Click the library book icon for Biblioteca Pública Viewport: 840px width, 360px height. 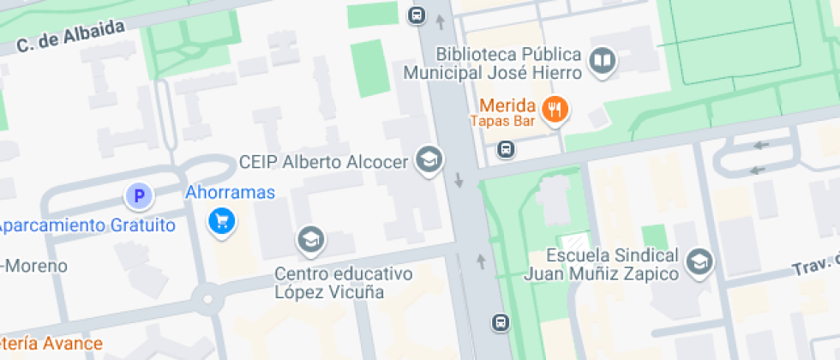coord(604,60)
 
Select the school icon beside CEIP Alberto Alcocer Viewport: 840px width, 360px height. coord(428,159)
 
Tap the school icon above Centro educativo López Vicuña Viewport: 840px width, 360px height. coord(310,240)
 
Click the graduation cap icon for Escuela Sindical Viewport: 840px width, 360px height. coord(700,261)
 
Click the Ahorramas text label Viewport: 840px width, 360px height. coord(231,192)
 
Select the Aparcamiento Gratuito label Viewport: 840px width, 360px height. coord(86,225)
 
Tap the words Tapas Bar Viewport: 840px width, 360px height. coord(502,122)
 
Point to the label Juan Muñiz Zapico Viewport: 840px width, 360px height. coord(601,274)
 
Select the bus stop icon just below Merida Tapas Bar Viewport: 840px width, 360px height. coord(506,150)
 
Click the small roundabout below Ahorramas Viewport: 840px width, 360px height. coord(206,300)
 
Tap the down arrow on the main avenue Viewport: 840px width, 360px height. coord(459,180)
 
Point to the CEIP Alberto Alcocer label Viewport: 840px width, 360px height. coord(323,163)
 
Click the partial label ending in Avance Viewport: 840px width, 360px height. coord(51,344)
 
